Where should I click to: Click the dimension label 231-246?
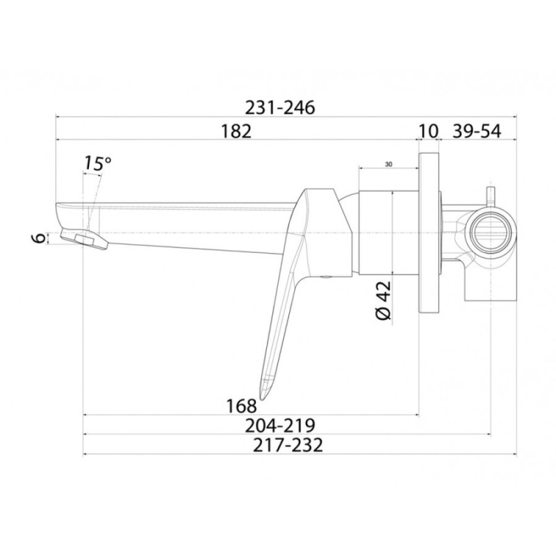coord(280,108)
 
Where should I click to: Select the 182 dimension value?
coord(236,131)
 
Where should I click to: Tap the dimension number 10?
coord(429,131)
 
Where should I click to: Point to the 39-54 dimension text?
coord(477,131)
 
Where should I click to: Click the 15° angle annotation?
coord(97,163)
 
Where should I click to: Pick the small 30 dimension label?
coord(389,164)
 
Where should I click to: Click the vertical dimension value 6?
coord(41,238)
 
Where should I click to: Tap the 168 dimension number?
coord(241,406)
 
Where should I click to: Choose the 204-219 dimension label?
coord(280,425)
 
